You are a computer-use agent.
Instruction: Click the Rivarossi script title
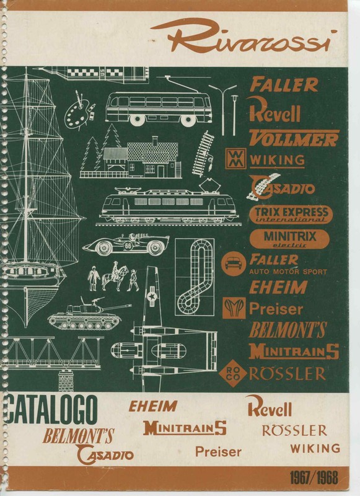click(244, 37)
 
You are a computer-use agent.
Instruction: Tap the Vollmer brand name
click(294, 138)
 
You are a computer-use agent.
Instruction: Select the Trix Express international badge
click(291, 214)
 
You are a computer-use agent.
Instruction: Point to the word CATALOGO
click(50, 410)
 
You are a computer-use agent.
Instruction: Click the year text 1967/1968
click(314, 477)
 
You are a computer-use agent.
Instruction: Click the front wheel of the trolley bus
click(189, 120)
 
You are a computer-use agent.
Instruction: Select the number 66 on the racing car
click(128, 246)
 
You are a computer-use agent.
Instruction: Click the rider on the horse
click(115, 269)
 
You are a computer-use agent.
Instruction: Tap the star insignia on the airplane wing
click(151, 297)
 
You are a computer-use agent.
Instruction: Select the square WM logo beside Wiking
click(235, 157)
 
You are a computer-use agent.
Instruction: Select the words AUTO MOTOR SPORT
click(288, 272)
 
